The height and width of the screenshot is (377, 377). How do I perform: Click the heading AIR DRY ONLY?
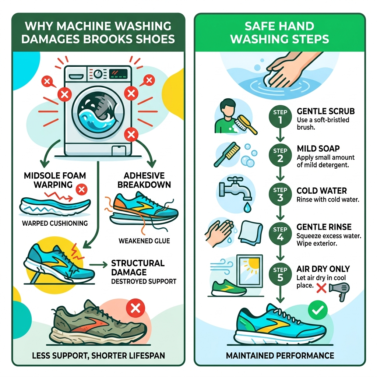tap(323, 269)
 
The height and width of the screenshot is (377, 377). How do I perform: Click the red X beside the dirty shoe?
tap(135, 309)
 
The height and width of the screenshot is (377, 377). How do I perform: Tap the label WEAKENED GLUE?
tap(144, 241)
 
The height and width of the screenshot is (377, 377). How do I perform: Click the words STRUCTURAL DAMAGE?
tap(137, 268)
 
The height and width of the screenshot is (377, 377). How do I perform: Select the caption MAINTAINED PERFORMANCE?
tap(281, 356)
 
